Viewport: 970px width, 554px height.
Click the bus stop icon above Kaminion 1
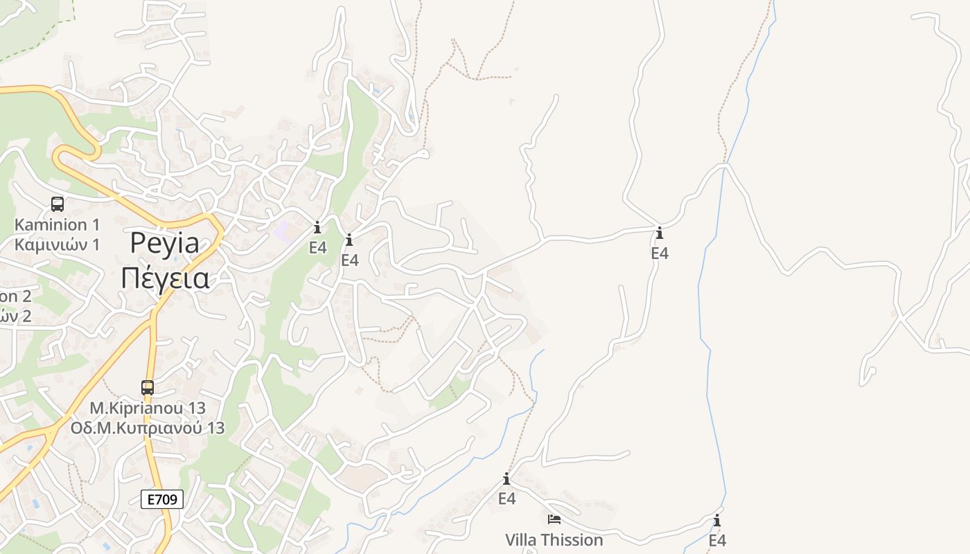pyautogui.click(x=58, y=204)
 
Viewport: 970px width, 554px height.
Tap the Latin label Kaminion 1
pyautogui.click(x=58, y=224)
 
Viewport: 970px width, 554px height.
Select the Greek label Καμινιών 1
pyautogui.click(x=58, y=244)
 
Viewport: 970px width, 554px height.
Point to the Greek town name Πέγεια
pyautogui.click(x=165, y=278)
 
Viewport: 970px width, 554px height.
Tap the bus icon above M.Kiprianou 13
pyautogui.click(x=148, y=388)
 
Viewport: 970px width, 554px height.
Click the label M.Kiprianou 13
pyautogui.click(x=148, y=408)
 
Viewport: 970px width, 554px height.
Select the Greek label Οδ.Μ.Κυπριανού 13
pyautogui.click(x=148, y=428)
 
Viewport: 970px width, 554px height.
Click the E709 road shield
pyautogui.click(x=162, y=499)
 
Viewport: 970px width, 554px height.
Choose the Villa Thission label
pyautogui.click(x=554, y=539)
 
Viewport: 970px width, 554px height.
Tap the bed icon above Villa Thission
pyautogui.click(x=554, y=519)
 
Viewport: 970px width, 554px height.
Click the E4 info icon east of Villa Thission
pyautogui.click(x=717, y=521)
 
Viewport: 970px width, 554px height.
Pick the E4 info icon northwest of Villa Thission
pyautogui.click(x=506, y=479)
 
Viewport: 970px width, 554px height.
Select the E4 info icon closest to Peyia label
pyautogui.click(x=317, y=228)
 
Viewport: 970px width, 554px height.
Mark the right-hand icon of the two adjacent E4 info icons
pyautogui.click(x=349, y=240)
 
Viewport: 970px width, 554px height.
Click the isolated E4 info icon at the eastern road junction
pyautogui.click(x=659, y=233)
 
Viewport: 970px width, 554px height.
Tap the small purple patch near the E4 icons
pyautogui.click(x=283, y=231)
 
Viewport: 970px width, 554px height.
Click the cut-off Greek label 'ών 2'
pyautogui.click(x=15, y=316)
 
